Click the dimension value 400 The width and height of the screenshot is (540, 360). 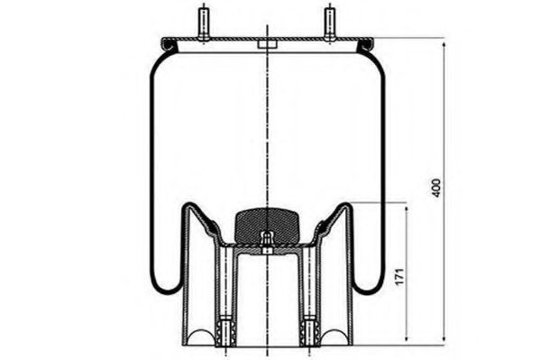(x=436, y=188)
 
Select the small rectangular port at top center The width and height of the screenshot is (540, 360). (x=267, y=42)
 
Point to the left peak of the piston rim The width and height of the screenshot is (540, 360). (x=189, y=206)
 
